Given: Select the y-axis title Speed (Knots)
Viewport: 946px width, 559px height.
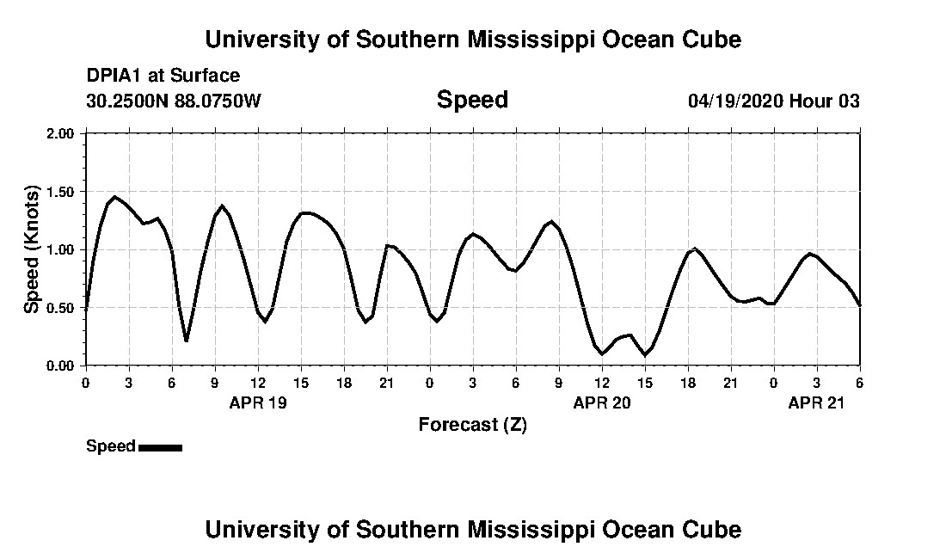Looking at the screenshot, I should click(32, 249).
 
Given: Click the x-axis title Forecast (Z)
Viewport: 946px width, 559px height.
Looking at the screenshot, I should click(472, 424).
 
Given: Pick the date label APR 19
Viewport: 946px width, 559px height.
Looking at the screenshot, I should click(258, 402).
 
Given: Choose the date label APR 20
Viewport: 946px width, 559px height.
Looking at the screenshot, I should click(602, 402).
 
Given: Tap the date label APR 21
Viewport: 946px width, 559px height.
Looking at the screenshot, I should click(817, 402).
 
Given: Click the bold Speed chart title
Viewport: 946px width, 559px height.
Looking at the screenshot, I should click(472, 100).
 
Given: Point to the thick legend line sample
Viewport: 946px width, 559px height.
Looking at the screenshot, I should click(160, 447).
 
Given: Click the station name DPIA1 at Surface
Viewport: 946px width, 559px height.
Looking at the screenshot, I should click(163, 76).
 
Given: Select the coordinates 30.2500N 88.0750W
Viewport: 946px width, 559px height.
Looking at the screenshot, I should click(173, 101).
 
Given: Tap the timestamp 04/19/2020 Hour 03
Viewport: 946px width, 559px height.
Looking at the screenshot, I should click(773, 101).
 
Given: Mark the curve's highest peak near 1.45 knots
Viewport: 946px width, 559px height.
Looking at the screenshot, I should click(115, 197).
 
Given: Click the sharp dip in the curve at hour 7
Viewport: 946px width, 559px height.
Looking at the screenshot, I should click(186, 341).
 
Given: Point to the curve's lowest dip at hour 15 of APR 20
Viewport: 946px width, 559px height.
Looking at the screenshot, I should click(644, 354).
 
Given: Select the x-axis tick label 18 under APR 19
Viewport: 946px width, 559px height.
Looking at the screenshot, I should click(344, 383).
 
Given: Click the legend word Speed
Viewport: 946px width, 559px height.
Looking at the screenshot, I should click(110, 446).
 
